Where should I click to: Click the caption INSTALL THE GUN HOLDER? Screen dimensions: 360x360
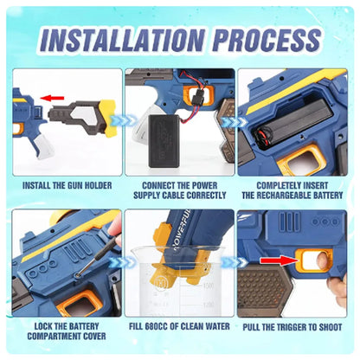(65, 184)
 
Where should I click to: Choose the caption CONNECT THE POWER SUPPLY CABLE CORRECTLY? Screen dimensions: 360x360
(178, 190)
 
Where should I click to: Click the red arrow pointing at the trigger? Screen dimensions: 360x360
(276, 259)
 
